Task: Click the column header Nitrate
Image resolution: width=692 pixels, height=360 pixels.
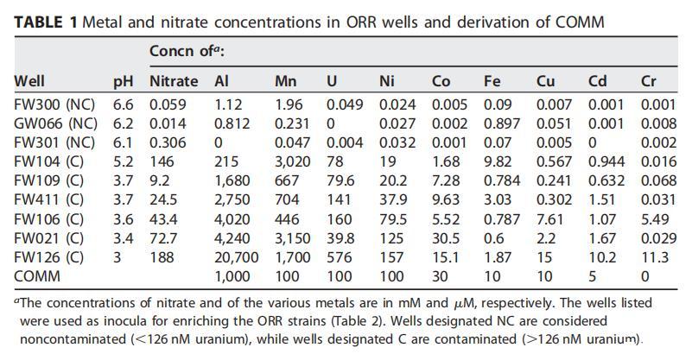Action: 174,82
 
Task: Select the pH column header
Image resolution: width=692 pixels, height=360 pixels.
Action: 124,82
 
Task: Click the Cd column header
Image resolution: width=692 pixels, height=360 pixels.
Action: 597,82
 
